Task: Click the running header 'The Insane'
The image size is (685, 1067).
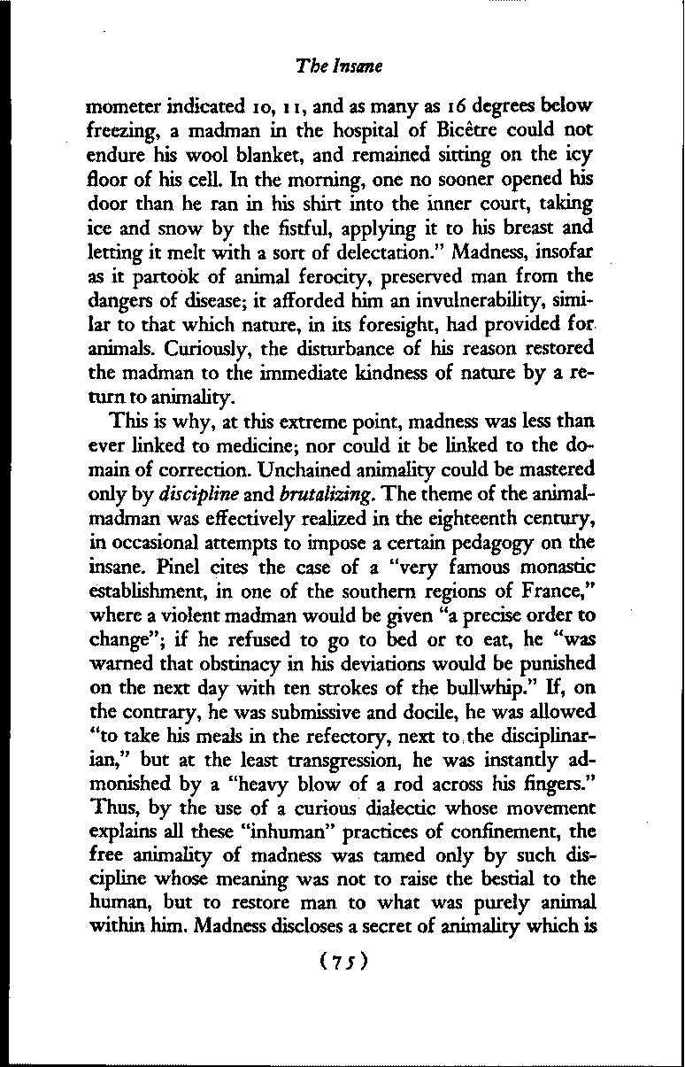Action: tap(341, 66)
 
